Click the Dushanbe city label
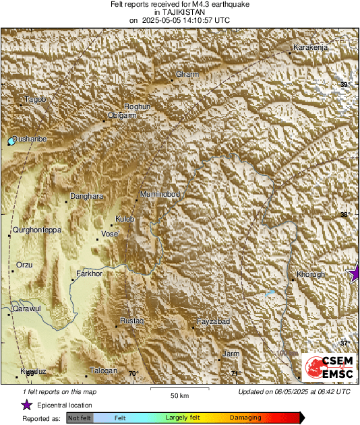point(30,138)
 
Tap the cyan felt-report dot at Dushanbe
point(11,141)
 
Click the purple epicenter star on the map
point(355,273)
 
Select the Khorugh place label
point(311,275)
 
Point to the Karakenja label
point(310,48)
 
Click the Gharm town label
point(185,74)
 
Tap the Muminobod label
point(160,195)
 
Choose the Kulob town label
point(125,220)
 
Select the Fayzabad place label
point(213,323)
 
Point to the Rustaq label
point(132,323)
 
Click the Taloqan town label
point(104,371)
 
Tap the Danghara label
point(87,196)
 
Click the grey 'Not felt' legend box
point(80,418)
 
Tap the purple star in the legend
point(26,405)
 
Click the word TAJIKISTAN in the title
point(179,12)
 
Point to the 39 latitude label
point(344,84)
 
